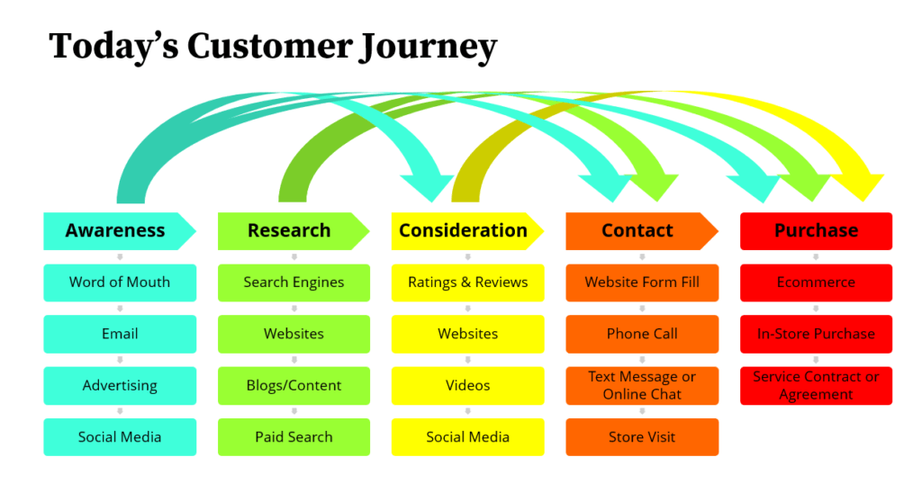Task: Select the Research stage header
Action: (294, 231)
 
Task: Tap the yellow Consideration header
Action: (467, 231)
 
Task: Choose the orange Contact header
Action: (641, 231)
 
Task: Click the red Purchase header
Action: (816, 231)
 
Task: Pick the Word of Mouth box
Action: (120, 282)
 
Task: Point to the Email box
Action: (120, 335)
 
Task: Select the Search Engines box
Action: (294, 282)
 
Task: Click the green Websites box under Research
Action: (294, 335)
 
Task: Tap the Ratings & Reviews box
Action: (468, 282)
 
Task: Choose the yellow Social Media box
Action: (468, 437)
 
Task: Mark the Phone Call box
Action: (642, 335)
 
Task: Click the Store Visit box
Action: (642, 437)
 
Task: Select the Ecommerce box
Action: (816, 282)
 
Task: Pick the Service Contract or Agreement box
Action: (816, 386)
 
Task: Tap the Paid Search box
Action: (294, 437)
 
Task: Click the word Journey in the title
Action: (429, 47)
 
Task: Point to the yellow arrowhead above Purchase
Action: (860, 186)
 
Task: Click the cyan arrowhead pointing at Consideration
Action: (428, 187)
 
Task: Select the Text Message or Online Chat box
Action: (642, 386)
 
